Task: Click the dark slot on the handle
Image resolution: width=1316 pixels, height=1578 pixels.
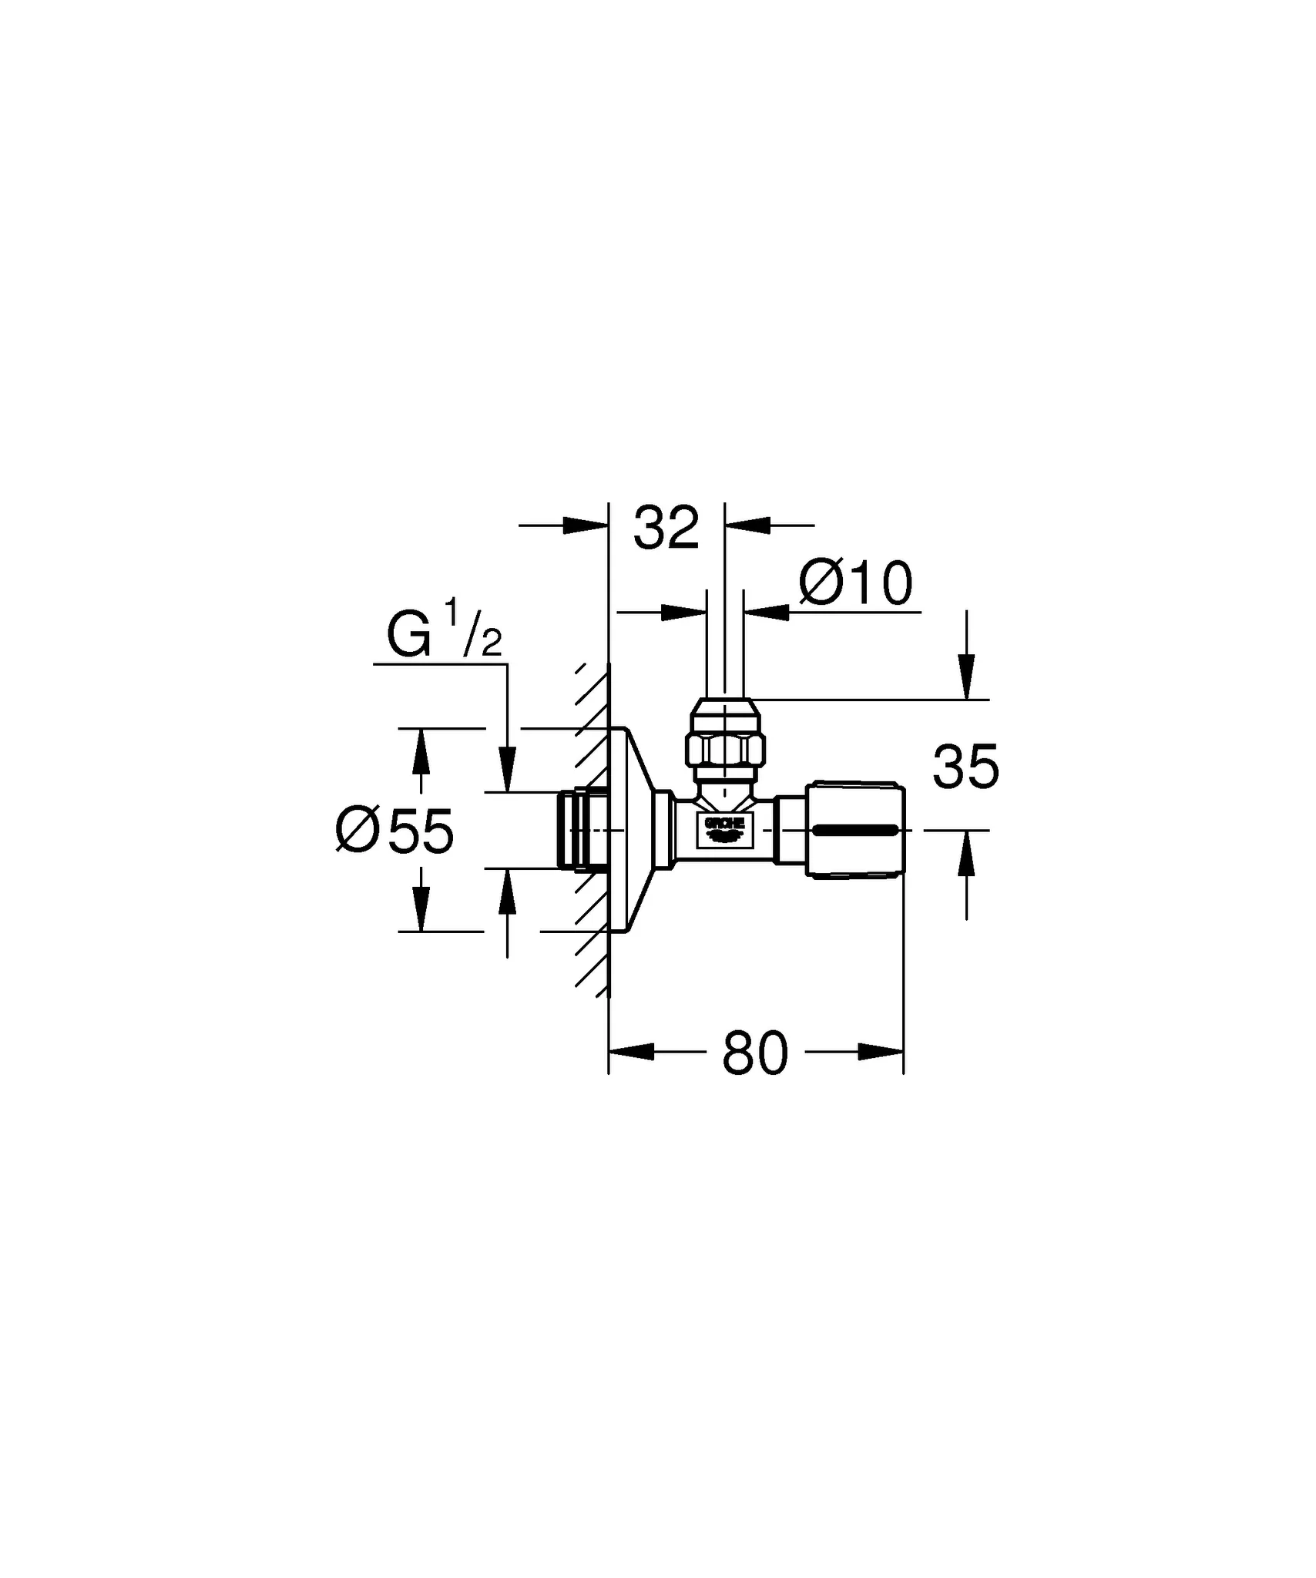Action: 854,830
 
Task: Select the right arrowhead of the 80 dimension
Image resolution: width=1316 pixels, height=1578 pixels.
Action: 881,1052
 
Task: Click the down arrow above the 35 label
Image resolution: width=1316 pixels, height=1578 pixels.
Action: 966,678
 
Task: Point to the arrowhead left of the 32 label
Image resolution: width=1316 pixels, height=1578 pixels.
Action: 586,525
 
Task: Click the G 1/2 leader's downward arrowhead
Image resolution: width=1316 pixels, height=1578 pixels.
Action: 507,770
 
